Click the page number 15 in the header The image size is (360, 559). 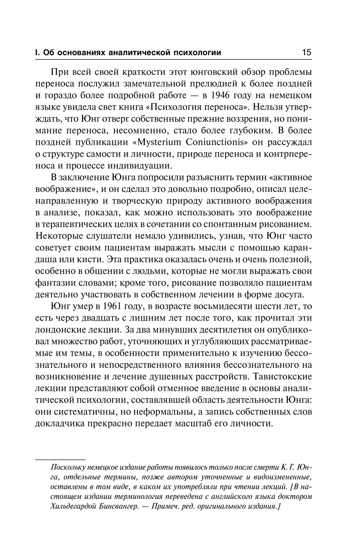click(x=306, y=53)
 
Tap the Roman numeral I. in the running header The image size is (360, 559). click(x=37, y=53)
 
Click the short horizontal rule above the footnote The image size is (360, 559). click(x=60, y=460)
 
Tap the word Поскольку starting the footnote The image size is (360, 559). click(x=69, y=468)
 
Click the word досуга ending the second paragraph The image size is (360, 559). click(x=288, y=295)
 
